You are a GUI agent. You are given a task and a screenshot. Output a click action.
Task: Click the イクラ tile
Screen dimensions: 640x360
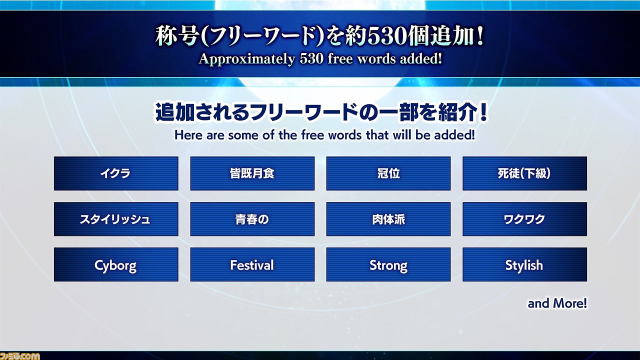click(x=116, y=173)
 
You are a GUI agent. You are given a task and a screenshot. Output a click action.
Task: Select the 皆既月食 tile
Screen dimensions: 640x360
click(x=252, y=173)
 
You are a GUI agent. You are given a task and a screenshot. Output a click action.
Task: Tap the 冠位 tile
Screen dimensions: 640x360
click(x=388, y=173)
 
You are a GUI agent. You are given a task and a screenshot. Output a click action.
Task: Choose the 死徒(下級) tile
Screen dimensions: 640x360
click(x=525, y=173)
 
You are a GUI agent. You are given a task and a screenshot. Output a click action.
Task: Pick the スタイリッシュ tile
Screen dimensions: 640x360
click(x=116, y=219)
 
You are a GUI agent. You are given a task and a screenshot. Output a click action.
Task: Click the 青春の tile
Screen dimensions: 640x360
click(x=252, y=219)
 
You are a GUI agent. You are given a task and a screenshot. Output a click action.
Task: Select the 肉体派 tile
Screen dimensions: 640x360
click(x=388, y=219)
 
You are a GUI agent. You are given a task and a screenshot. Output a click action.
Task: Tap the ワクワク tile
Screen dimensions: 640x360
click(x=525, y=219)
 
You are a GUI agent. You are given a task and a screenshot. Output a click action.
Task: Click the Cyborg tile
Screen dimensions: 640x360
click(x=116, y=264)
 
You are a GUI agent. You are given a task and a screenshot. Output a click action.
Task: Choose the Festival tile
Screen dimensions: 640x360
click(x=252, y=264)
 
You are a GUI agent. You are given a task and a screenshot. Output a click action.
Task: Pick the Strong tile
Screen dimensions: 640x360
click(x=388, y=264)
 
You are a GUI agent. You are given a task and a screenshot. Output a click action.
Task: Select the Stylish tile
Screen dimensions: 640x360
click(x=525, y=264)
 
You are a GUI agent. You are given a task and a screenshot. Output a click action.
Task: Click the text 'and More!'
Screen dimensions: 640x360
click(x=557, y=303)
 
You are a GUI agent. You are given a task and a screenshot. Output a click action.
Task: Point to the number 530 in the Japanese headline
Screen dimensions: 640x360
click(x=387, y=37)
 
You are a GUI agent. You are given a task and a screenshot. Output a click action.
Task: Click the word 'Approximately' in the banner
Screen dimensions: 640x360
click(x=247, y=59)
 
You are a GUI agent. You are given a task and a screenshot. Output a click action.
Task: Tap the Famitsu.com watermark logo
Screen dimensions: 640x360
click(x=19, y=356)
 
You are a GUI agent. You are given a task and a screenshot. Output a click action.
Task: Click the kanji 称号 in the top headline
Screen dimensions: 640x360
click(x=177, y=36)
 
